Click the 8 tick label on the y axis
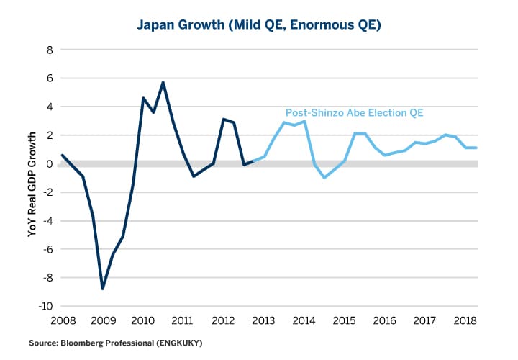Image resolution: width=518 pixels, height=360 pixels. coord(50,50)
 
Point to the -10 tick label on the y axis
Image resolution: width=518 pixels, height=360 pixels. coord(46,307)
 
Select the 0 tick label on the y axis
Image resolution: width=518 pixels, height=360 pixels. coord(50,164)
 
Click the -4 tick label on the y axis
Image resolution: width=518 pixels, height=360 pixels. coord(47,221)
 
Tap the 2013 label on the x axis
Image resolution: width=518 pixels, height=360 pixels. coord(265,320)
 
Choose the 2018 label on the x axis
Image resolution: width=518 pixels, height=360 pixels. coord(467,320)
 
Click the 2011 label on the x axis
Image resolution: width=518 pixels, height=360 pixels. coord(183,320)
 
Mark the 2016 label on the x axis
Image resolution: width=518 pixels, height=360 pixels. coord(386,320)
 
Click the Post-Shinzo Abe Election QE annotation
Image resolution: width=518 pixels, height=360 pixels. coord(355,112)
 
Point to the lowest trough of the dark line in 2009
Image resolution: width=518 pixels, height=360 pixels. coord(103,289)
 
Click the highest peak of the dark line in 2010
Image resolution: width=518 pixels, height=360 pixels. coord(163,82)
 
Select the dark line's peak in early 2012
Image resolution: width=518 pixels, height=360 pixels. coord(224,119)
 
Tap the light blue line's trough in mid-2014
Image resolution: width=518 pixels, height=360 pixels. coord(324,177)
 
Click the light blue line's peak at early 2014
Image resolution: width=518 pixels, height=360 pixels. coord(305,121)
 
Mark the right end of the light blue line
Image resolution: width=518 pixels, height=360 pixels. coord(477,148)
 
